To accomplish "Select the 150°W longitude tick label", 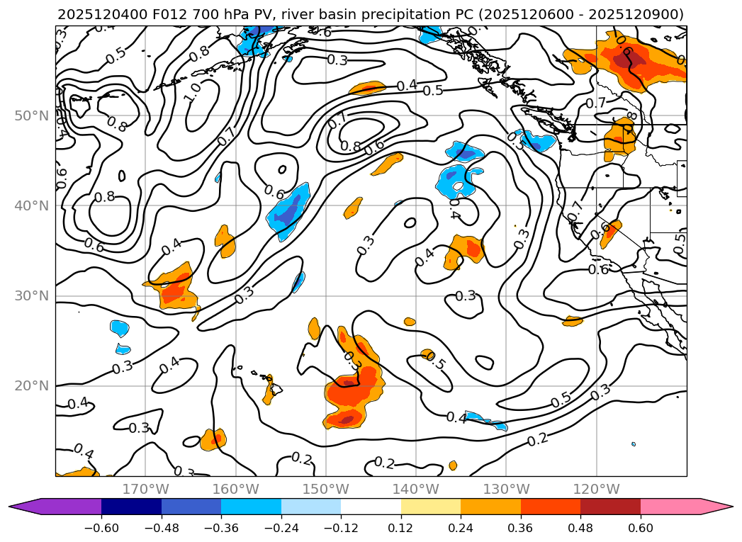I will [326, 489].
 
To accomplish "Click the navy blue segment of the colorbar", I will [131, 507].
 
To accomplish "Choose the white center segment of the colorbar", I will [371, 507].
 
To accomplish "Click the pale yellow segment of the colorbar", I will [430, 507].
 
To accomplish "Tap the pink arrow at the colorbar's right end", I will [716, 507].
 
